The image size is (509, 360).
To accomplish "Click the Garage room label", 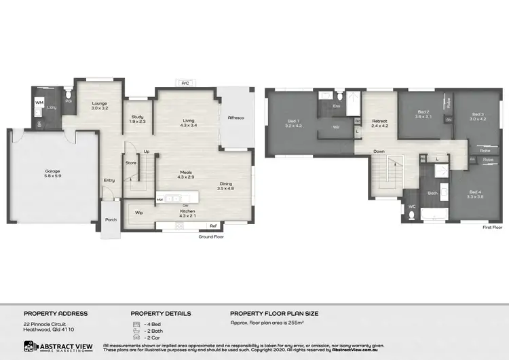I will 53,171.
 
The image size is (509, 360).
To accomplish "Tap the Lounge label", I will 100,104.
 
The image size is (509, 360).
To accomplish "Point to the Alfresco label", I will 235,118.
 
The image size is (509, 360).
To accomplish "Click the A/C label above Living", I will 184,83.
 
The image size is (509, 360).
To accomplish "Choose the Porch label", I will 110,219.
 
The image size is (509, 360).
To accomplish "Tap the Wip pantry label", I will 138,213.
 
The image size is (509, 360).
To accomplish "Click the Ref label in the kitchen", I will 212,226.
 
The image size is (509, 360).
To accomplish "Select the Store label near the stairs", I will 132,162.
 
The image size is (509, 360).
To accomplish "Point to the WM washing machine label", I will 39,103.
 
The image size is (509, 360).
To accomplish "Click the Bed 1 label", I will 293,122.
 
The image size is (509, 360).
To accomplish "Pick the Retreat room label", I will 379,122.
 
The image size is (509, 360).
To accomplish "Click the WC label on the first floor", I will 412,206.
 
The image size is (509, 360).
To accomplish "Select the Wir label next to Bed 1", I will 335,127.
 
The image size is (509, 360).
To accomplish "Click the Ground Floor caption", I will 211,237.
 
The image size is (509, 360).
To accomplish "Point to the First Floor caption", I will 491,228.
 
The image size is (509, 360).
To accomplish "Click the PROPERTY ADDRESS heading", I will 56,314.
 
